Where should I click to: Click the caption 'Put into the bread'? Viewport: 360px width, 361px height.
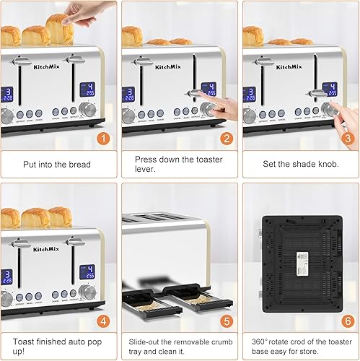[55, 164]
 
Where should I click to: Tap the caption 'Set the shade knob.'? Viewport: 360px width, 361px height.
[299, 164]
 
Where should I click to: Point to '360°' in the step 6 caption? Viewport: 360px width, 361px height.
[259, 341]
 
